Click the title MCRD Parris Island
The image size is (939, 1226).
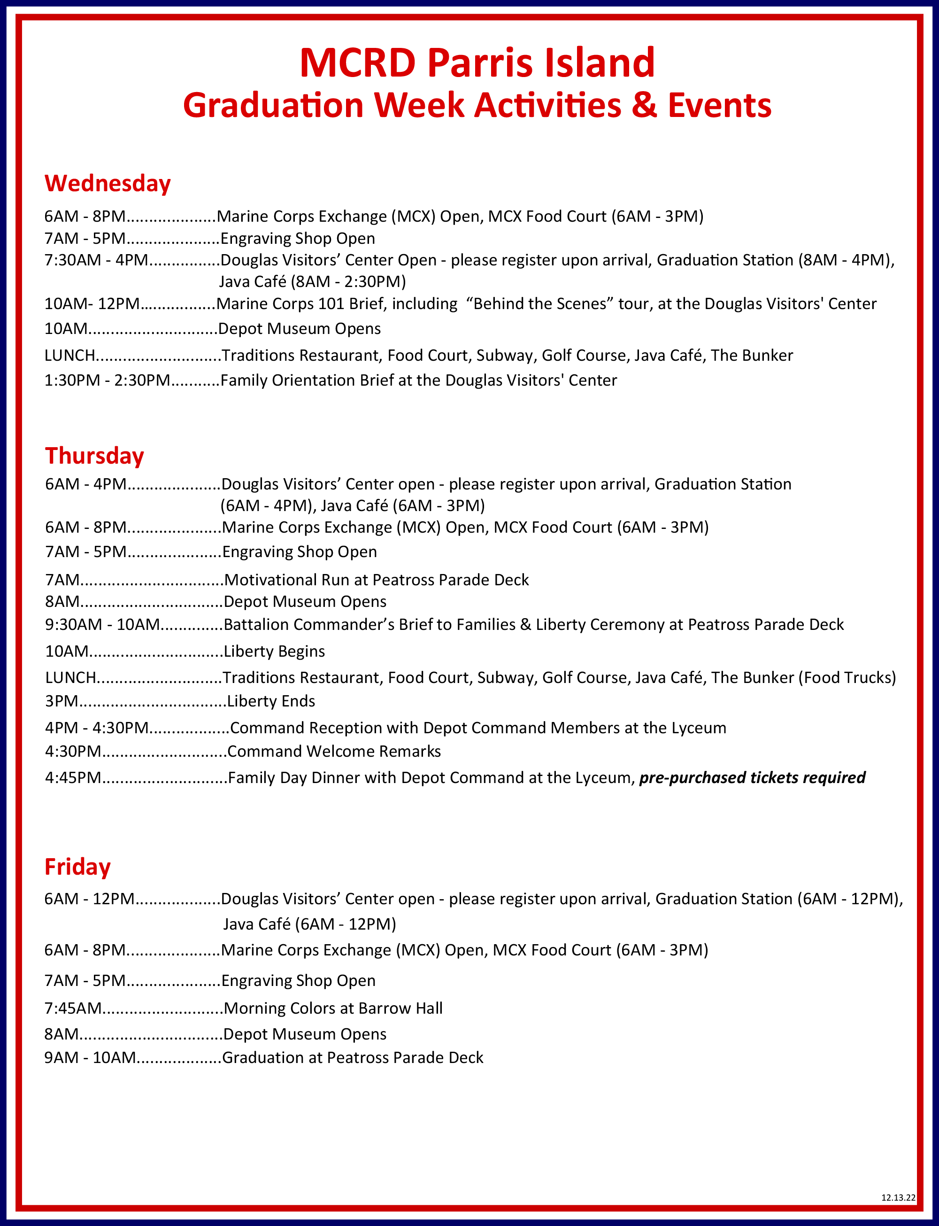pos(477,62)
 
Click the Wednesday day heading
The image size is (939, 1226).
pos(108,183)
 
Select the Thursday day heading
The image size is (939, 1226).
pos(94,456)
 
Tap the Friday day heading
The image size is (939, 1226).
pos(77,867)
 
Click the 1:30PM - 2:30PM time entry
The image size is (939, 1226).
pos(107,380)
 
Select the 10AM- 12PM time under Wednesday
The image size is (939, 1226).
pos(92,304)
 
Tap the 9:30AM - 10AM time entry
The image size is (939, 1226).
pos(102,624)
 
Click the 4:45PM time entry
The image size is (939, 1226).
pos(73,777)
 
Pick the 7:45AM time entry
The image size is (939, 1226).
pos(73,1008)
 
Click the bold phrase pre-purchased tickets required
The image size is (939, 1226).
pos(752,777)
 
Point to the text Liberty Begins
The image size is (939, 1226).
pos(274,652)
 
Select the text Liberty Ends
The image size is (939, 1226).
pos(271,701)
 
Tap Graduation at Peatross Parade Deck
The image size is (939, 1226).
pos(353,1057)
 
